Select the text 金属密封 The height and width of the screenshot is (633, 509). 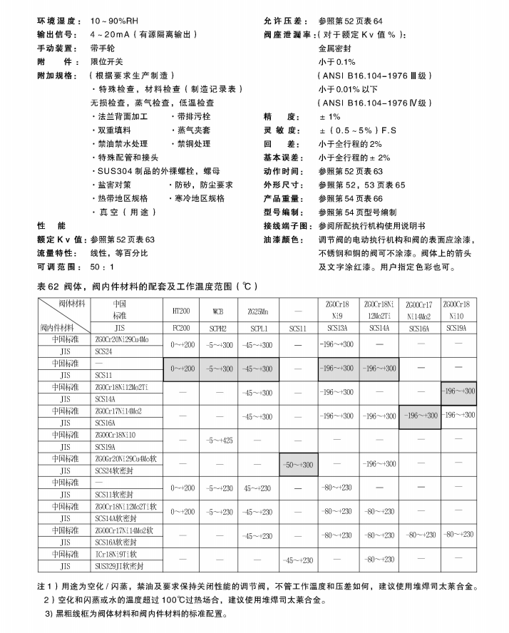pyautogui.click(x=336, y=48)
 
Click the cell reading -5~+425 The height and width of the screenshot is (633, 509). pyautogui.click(x=219, y=440)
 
